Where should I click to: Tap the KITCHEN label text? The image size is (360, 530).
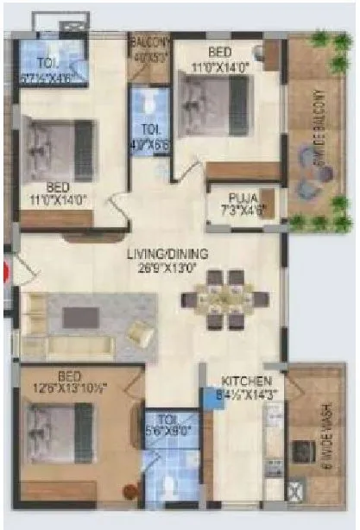coord(247,381)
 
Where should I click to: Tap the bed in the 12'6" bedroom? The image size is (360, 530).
coord(59,427)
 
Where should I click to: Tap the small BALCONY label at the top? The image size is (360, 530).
coord(148,41)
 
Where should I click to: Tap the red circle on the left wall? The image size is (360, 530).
coord(5,274)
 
